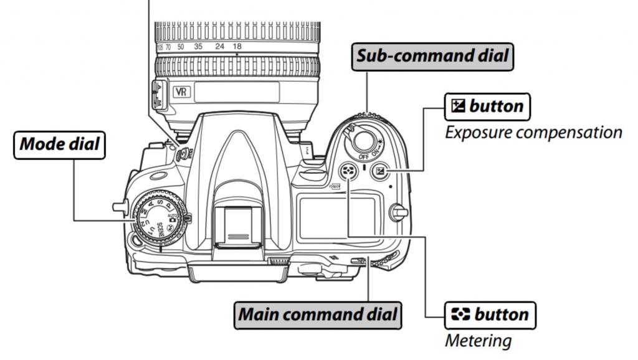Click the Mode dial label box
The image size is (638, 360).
pyautogui.click(x=59, y=144)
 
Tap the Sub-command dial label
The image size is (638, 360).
pyautogui.click(x=432, y=57)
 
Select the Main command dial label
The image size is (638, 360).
pyautogui.click(x=318, y=314)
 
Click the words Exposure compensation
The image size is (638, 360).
pyautogui.click(x=533, y=132)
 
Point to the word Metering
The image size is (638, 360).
pyautogui.click(x=478, y=341)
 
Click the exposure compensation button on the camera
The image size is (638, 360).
pyautogui.click(x=379, y=172)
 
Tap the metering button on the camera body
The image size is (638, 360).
pyautogui.click(x=347, y=172)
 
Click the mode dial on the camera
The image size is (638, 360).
pyautogui.click(x=157, y=217)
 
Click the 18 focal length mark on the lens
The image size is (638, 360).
pyautogui.click(x=237, y=47)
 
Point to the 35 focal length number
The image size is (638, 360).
pyautogui.click(x=198, y=47)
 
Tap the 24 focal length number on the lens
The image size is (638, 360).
pyautogui.click(x=219, y=47)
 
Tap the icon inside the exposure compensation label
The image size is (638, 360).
pyautogui.click(x=456, y=107)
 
